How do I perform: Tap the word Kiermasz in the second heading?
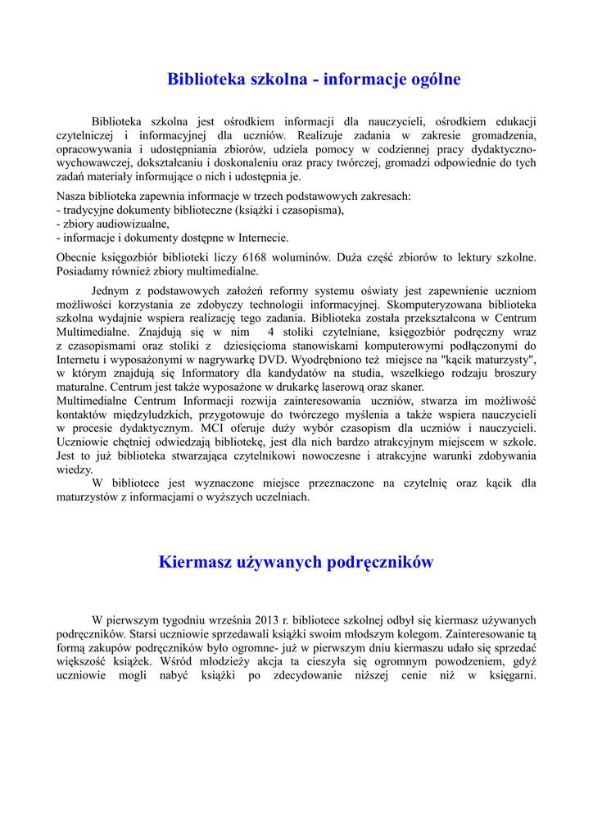click(193, 562)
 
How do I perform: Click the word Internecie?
click(261, 238)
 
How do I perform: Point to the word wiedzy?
click(75, 470)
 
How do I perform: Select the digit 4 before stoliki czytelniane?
click(270, 332)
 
